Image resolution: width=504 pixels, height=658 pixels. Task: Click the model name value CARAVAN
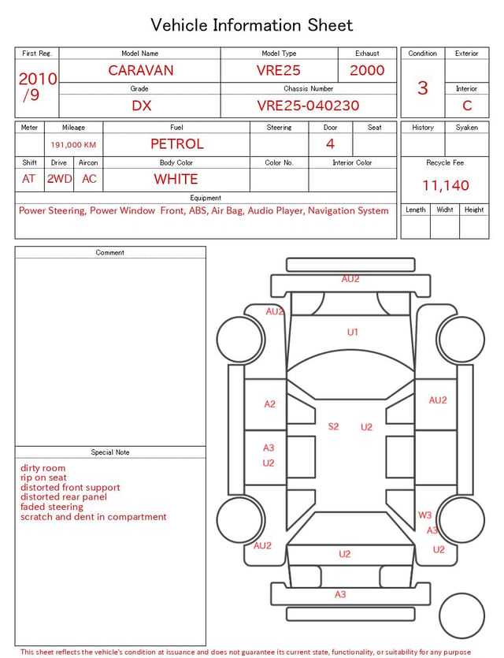click(141, 70)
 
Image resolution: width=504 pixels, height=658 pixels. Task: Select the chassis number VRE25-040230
click(308, 106)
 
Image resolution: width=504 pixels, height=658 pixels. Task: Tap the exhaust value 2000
click(367, 70)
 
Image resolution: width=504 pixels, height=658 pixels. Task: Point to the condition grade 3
click(423, 88)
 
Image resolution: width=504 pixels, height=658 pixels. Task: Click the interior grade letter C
click(467, 106)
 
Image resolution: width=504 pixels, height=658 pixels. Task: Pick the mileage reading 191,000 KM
click(73, 145)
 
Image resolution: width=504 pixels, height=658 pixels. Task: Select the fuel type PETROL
click(177, 144)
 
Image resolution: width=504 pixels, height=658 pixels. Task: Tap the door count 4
click(331, 144)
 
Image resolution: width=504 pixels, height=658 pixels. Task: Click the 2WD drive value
click(59, 179)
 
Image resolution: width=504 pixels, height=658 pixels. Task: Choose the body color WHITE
click(176, 179)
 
